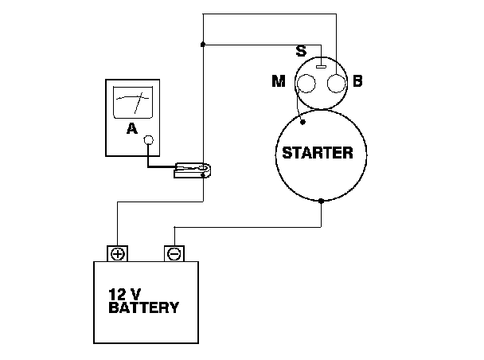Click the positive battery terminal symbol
tap(118, 253)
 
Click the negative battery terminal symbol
tap(174, 253)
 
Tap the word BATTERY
tap(143, 307)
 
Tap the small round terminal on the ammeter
tap(148, 140)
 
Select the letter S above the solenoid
tap(301, 52)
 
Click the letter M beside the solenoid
tap(278, 81)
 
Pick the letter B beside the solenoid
tap(357, 81)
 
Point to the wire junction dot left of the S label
tap(204, 45)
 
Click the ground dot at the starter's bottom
tap(321, 201)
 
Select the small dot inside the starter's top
tap(302, 124)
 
